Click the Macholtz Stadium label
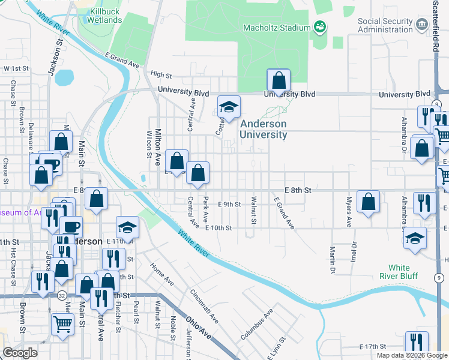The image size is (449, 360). tap(276, 28)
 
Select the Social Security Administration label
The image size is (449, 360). tap(385, 25)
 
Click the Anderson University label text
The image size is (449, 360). tap(264, 129)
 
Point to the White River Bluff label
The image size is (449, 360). tap(407, 272)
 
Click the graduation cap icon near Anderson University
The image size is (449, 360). tap(229, 107)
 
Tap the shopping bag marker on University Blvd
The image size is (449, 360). tap(279, 80)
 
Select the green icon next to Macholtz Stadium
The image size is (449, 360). tap(321, 27)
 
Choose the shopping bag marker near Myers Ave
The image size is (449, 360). tap(368, 202)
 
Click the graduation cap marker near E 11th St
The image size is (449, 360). tap(127, 227)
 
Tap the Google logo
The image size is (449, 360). tap(20, 353)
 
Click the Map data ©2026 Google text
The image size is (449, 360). tap(412, 355)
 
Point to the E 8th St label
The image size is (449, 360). tap(298, 190)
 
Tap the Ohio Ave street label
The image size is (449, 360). tap(198, 326)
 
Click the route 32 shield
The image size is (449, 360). tap(62, 296)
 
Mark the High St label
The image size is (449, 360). tap(161, 75)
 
